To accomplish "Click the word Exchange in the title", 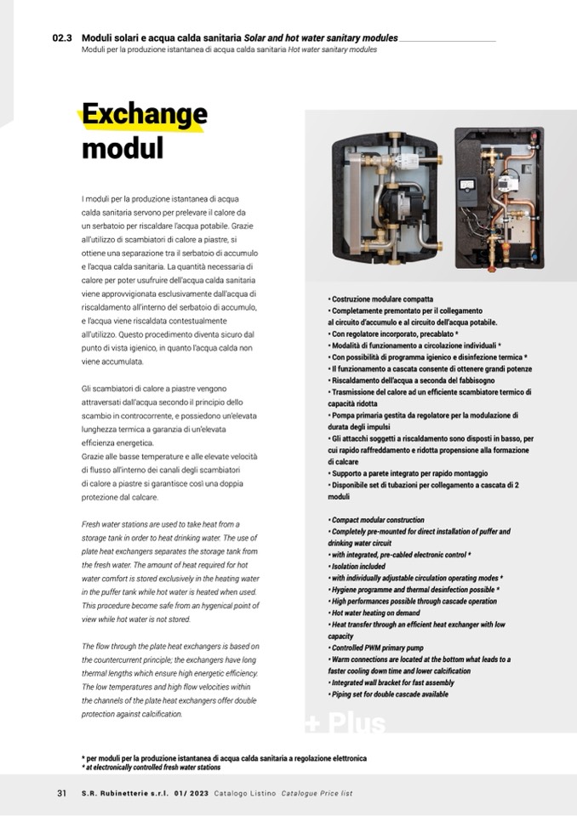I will point(144,116).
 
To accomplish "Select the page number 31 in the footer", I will point(61,793).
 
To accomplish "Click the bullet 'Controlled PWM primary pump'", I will point(378,648).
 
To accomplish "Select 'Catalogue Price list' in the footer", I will point(317,793).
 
